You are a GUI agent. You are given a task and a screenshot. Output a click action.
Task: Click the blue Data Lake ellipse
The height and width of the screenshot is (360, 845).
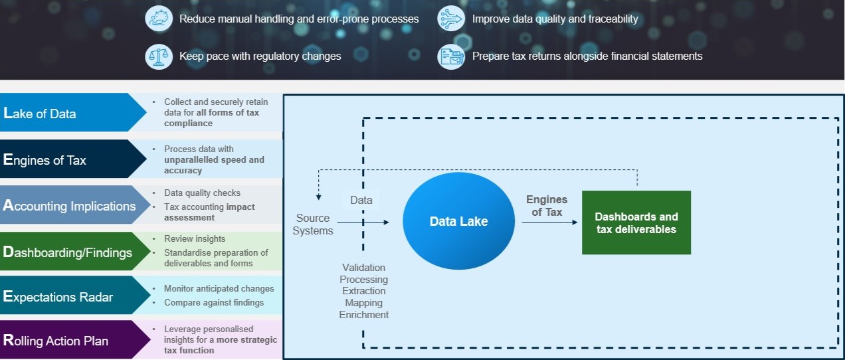point(458,222)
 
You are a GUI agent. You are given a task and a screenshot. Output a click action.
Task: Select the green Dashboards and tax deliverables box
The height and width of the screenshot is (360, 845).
point(636,223)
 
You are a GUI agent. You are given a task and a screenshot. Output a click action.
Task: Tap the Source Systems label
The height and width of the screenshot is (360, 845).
point(313,224)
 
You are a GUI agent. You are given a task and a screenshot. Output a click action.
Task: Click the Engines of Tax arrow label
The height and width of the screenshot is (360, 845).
point(546,206)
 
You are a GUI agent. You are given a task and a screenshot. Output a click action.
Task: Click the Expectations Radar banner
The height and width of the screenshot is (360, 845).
point(66,297)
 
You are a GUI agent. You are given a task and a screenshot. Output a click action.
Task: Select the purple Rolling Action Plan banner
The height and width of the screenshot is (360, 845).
point(66,341)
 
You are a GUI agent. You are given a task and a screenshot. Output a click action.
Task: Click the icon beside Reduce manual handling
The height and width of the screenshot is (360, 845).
point(159,19)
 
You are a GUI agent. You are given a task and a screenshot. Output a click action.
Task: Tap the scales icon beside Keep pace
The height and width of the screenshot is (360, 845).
point(159,56)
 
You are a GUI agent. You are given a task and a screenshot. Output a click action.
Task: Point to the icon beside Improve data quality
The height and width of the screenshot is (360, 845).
point(451,19)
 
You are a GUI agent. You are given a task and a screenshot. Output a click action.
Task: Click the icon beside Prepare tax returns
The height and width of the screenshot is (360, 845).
point(451,56)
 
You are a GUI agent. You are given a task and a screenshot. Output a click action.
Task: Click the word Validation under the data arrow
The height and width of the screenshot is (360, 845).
point(364,268)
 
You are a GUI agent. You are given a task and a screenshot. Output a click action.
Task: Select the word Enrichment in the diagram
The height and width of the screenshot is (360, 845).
point(364,315)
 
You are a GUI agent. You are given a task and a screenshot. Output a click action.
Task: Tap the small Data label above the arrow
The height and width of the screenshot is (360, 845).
point(361,200)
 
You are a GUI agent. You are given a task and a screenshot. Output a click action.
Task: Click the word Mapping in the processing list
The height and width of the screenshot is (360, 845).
point(364,303)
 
